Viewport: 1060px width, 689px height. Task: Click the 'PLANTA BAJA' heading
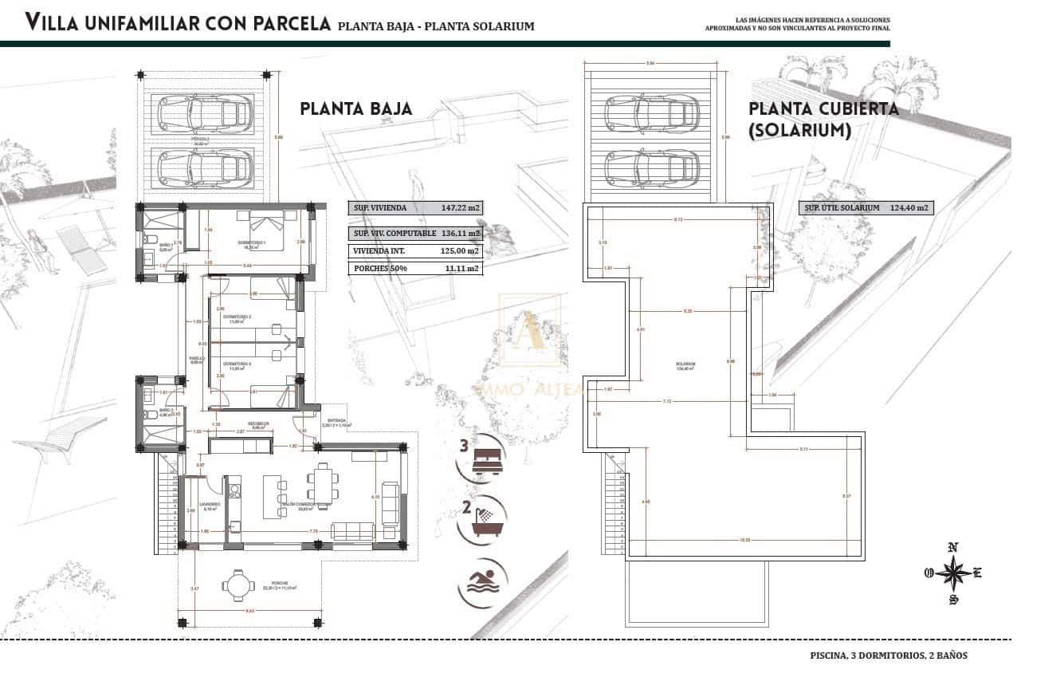356,108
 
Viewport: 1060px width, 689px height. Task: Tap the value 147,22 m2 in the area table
461,208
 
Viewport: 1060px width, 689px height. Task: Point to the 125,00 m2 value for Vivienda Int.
461,250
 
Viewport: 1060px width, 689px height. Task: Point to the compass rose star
952,573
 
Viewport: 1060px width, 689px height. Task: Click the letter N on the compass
952,547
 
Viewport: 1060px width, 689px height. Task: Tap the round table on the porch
236,585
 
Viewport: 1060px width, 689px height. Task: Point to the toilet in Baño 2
148,415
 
